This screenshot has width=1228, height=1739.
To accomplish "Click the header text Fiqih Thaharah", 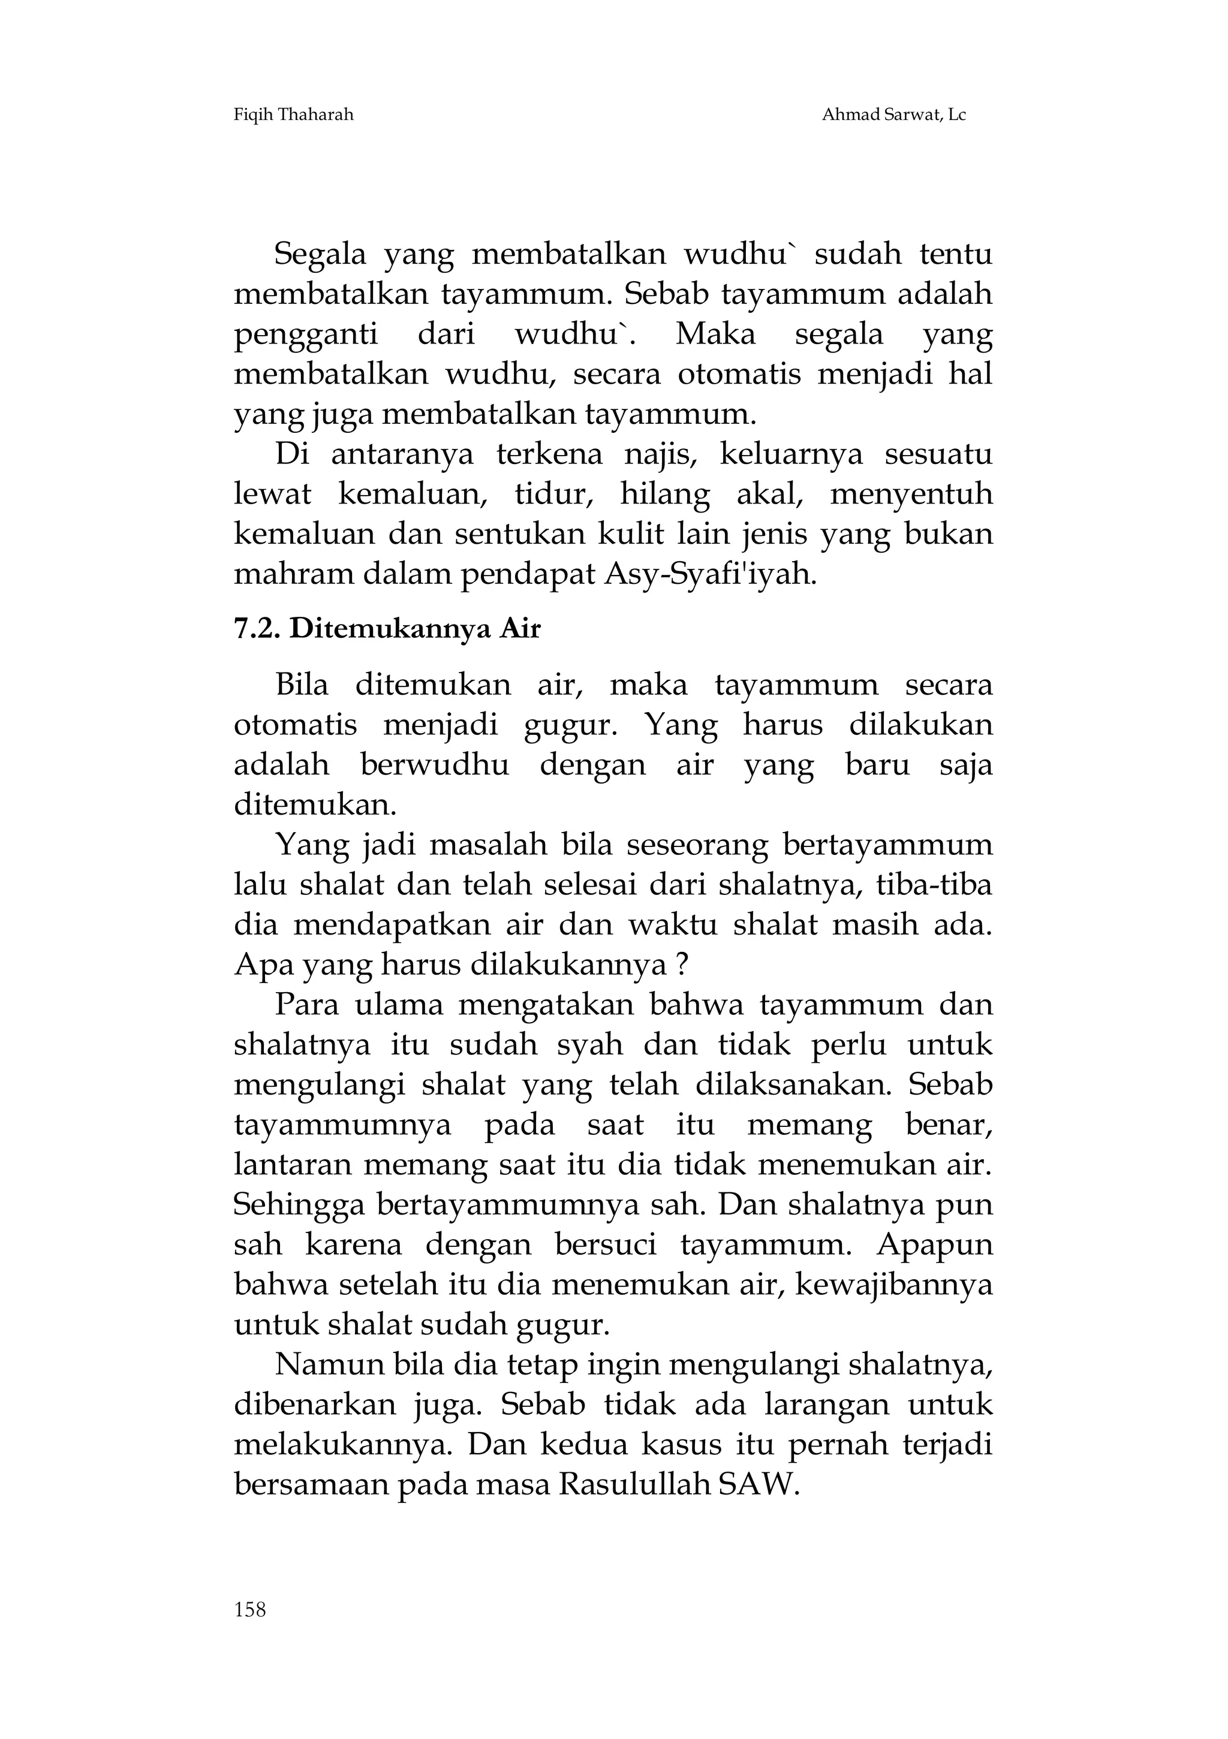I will point(294,115).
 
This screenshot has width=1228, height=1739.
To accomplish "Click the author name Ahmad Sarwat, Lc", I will point(893,115).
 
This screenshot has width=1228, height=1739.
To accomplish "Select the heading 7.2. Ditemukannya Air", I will point(387,629).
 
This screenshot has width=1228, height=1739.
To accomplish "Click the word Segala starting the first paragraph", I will point(319,255).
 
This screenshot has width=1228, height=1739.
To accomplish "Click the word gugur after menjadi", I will point(570,725).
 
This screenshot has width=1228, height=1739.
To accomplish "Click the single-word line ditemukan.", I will point(315,805).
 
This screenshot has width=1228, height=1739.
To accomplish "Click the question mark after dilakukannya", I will point(681,966).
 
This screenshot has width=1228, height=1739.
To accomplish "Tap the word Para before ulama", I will point(305,1006).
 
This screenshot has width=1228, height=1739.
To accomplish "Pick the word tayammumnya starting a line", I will point(342,1126).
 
